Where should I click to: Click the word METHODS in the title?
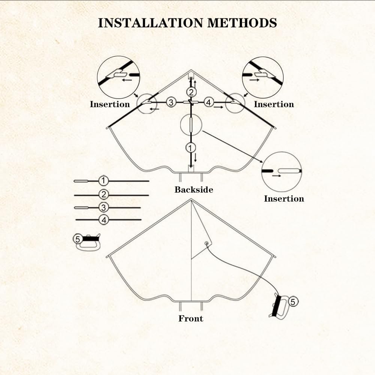point(242,23)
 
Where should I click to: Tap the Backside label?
point(194,190)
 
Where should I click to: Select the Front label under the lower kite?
point(191,318)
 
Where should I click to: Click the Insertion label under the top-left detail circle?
point(110,104)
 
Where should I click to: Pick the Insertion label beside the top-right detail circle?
point(274,104)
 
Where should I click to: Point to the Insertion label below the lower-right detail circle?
point(284,199)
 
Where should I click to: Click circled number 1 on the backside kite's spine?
point(191,148)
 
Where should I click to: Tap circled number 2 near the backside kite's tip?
point(191,92)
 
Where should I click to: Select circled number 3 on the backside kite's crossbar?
point(171,102)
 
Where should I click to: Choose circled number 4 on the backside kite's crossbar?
point(209,102)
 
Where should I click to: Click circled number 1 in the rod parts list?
point(103,181)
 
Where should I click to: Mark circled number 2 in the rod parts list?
point(104,194)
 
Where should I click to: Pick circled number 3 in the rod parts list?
point(104,207)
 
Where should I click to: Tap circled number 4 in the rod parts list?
point(104,220)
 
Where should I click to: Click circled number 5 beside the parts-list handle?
point(78,239)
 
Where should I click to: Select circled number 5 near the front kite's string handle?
point(293,301)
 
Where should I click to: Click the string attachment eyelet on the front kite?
point(206,244)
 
